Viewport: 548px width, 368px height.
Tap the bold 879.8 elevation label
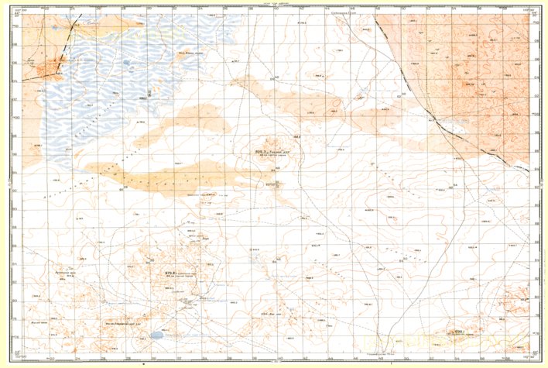[171, 272]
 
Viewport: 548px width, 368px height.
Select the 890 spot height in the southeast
[458, 332]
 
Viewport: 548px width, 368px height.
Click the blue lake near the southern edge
[157, 336]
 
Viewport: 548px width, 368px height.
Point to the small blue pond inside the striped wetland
[126, 64]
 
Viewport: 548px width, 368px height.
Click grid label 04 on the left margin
[16, 80]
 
